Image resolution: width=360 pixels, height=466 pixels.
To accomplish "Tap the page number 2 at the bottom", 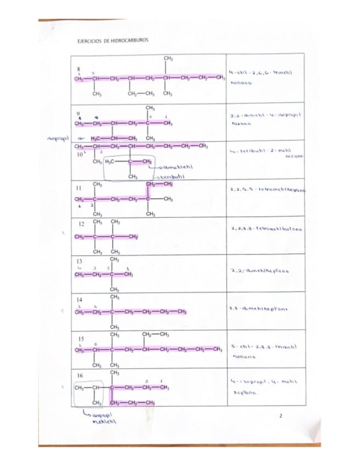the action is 280,416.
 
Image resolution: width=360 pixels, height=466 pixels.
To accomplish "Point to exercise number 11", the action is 79,187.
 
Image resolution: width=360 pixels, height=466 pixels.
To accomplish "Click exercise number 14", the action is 80,300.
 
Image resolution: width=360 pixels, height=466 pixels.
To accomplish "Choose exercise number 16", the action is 80,375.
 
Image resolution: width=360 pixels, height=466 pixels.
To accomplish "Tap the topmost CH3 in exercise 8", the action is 168,58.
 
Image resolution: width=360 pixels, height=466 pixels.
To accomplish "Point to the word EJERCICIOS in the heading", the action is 89,40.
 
